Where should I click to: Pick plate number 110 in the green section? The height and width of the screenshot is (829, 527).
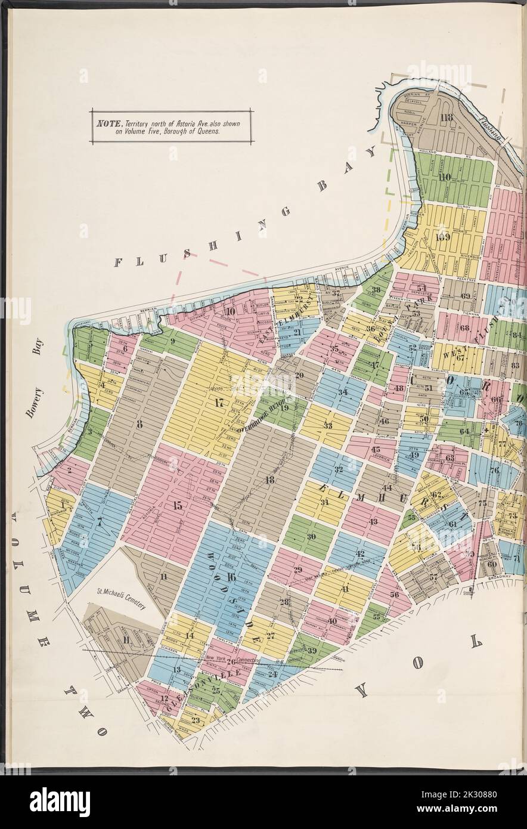444,177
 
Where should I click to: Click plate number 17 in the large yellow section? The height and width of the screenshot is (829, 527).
219,403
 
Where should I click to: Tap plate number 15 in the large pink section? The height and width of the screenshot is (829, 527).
177,506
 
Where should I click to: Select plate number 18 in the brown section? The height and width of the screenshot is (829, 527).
269,480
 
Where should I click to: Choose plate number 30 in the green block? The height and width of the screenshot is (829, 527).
311,536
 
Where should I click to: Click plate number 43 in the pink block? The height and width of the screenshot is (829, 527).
373,522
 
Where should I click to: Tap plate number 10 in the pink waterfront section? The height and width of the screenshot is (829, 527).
230,311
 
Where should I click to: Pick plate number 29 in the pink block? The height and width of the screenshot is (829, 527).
297,570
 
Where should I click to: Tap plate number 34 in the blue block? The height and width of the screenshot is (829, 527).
342,392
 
